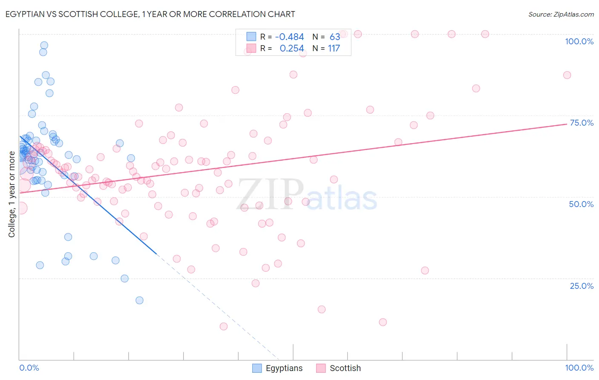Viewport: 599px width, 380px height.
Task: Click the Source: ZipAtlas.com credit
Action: point(561,14)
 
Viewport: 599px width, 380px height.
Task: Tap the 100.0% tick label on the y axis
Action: point(579,41)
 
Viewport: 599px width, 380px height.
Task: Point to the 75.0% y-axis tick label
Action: point(582,123)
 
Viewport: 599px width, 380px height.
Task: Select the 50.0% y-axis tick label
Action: point(581,204)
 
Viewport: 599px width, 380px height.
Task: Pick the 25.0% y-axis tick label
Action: point(582,285)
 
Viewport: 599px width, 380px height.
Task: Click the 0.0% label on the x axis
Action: point(29,368)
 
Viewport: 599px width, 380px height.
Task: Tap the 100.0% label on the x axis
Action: point(579,368)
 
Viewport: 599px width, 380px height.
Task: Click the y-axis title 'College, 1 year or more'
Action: point(12,194)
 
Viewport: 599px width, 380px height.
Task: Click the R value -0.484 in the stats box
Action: point(289,37)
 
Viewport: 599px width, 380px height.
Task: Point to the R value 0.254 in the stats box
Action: point(292,49)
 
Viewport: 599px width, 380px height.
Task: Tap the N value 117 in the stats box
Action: point(334,49)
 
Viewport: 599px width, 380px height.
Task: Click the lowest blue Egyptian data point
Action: point(139,300)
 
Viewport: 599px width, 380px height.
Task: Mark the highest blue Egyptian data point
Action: point(44,45)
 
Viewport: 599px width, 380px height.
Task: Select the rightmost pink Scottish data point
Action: point(567,75)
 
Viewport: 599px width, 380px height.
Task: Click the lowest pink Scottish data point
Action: point(224,326)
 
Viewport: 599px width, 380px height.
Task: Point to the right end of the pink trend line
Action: point(567,124)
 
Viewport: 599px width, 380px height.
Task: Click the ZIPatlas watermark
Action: point(307,195)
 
